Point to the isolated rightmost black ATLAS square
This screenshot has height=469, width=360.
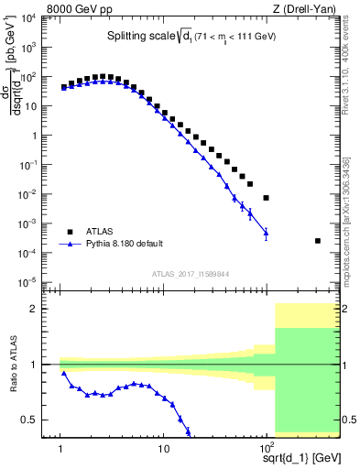(x=318, y=241)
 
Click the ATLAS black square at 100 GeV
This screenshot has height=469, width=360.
(x=266, y=198)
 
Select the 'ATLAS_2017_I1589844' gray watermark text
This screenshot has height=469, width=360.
(x=191, y=273)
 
